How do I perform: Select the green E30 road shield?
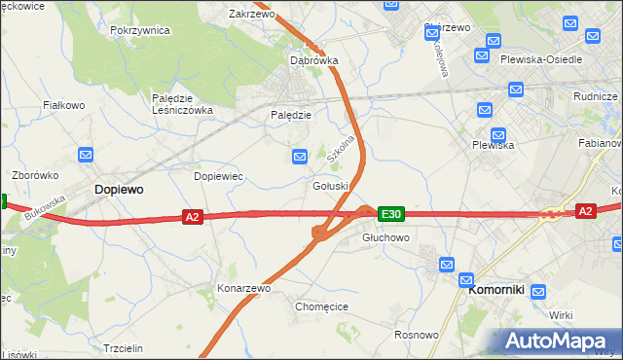[390, 213]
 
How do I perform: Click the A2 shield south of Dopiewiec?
[192, 217]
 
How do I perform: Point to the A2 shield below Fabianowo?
[584, 210]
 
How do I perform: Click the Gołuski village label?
[330, 186]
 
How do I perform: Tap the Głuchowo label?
[385, 237]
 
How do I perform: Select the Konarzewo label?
[243, 289]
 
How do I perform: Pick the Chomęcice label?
[321, 306]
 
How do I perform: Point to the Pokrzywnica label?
[140, 30]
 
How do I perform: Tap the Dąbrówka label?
[314, 60]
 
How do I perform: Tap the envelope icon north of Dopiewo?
[86, 155]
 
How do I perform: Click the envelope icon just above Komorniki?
[447, 264]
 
